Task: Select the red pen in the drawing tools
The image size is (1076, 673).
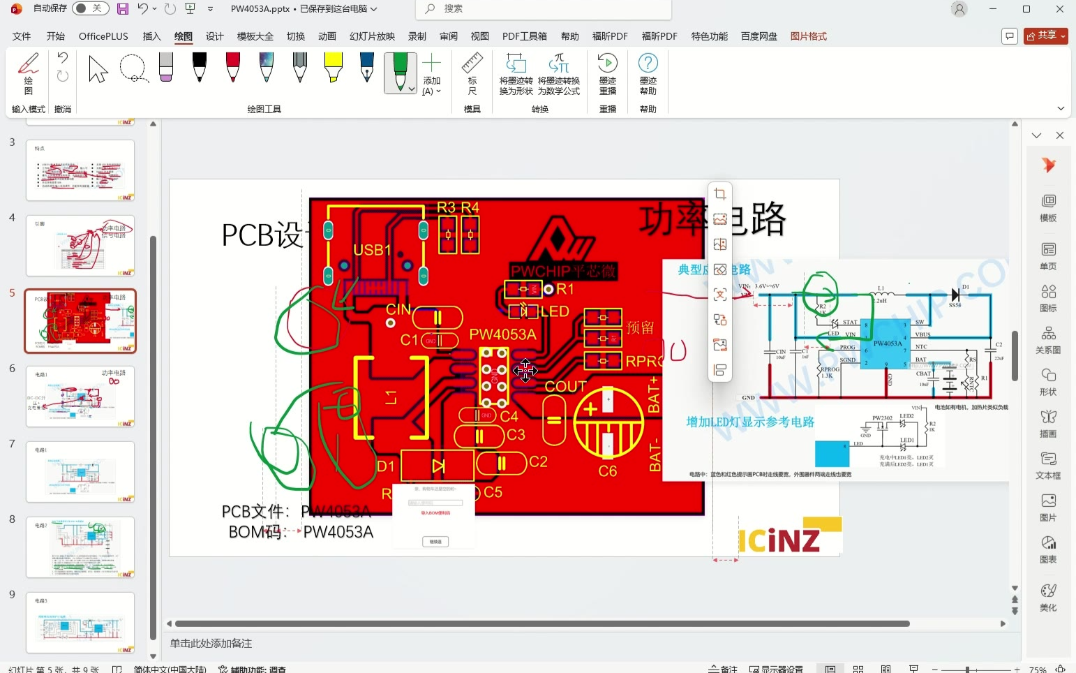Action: pos(233,68)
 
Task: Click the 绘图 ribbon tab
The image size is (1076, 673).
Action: pos(184,36)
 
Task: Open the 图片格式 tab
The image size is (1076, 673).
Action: pos(808,36)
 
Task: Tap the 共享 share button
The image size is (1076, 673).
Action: pos(1045,36)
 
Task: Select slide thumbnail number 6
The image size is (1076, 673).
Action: pos(80,397)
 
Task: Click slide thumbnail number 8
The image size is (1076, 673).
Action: pos(80,547)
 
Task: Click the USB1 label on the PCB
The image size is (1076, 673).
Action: pos(372,250)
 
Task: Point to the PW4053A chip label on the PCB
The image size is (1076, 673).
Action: pos(502,334)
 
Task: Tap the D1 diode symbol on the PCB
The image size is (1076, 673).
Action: pos(438,466)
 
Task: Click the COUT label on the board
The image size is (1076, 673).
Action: pos(565,386)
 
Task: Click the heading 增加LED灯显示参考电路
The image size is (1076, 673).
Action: pos(750,422)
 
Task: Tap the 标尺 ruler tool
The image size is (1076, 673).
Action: pos(472,74)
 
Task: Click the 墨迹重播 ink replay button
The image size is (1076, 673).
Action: pos(607,74)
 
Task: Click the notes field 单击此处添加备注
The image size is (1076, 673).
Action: pos(211,643)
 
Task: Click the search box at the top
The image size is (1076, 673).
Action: pos(544,9)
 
